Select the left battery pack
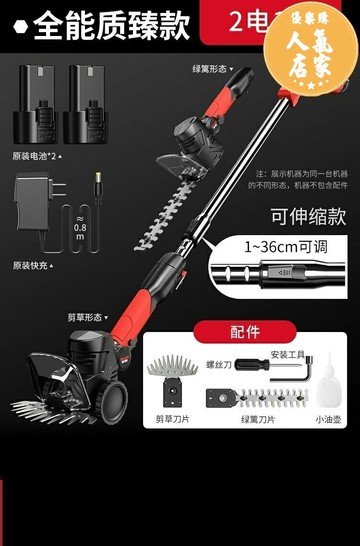36,107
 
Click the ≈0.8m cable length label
80,232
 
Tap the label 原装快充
32,265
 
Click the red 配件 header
245,332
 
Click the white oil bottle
326,390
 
